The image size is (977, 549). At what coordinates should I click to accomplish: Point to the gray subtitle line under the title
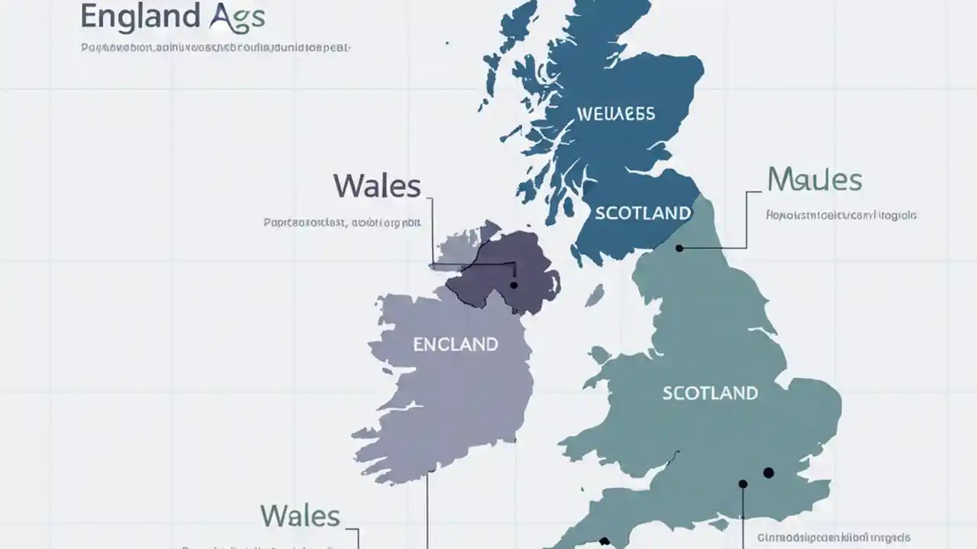(x=215, y=48)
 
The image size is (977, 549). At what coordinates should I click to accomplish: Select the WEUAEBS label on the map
(x=615, y=114)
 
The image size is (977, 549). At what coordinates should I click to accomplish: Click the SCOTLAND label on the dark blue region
(x=642, y=213)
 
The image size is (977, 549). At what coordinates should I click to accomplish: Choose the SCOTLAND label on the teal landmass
(x=710, y=393)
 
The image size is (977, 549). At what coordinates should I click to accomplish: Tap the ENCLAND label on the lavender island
(x=455, y=345)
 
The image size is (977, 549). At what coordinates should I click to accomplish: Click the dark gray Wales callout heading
(x=377, y=186)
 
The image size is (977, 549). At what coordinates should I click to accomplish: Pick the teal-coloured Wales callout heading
(x=300, y=516)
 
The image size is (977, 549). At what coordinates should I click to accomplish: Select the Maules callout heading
(x=814, y=180)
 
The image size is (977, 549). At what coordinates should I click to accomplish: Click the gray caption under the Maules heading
(x=841, y=216)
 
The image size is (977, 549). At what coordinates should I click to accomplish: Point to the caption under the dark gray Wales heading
(x=342, y=223)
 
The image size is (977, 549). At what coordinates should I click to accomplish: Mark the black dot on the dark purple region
(x=514, y=285)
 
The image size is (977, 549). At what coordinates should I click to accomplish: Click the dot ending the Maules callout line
(x=679, y=248)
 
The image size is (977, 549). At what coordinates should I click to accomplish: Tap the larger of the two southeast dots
(x=769, y=473)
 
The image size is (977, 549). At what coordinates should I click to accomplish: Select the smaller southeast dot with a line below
(x=743, y=483)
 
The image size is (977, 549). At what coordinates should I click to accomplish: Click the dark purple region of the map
(x=496, y=271)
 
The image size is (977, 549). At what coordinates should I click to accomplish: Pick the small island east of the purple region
(x=595, y=295)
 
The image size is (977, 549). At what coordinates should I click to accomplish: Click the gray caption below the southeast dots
(x=834, y=538)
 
